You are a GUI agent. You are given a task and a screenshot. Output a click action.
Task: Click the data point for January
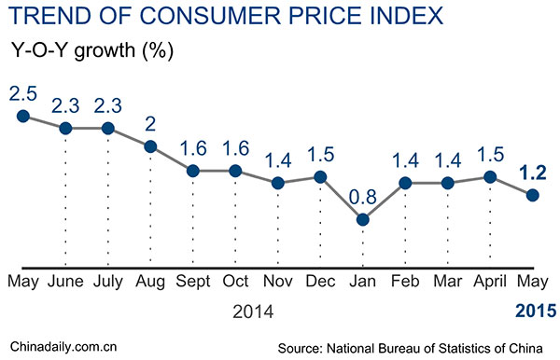click(362, 219)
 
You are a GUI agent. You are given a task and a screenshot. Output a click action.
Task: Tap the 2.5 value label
click(22, 94)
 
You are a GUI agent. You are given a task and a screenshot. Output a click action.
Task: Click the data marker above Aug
click(149, 146)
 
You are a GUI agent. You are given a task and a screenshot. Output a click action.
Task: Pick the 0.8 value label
click(362, 197)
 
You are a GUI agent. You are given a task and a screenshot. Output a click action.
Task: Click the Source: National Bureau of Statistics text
click(415, 346)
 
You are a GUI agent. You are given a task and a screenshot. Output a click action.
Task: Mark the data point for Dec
click(320, 176)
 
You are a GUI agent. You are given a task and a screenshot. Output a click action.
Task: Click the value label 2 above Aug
click(149, 124)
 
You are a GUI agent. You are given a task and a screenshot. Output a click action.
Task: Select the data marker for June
click(65, 128)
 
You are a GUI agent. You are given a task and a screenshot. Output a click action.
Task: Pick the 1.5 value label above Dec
click(320, 153)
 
